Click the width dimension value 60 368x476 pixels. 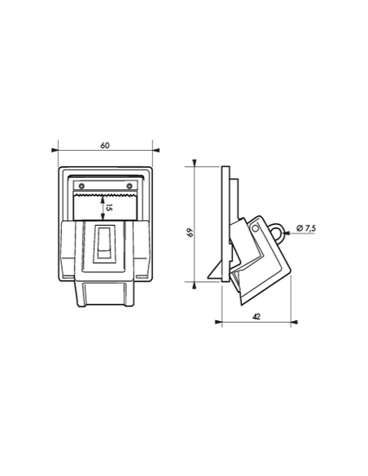point(105,145)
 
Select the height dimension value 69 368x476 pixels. point(191,232)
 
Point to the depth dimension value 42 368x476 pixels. point(256,316)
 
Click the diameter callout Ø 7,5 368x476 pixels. point(306,228)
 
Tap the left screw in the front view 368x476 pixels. point(81,186)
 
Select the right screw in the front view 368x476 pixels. point(129,186)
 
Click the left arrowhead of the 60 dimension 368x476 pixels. point(55,150)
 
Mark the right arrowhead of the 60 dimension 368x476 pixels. point(156,150)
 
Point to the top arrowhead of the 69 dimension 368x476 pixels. point(195,163)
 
